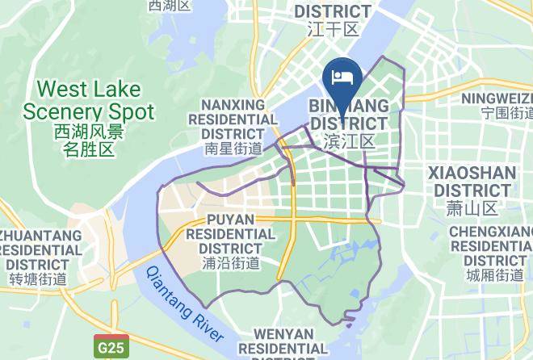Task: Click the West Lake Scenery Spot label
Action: click(88, 100)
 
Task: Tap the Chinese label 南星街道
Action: click(233, 149)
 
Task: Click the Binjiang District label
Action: click(349, 115)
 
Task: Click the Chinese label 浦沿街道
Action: click(231, 262)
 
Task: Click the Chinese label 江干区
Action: click(333, 30)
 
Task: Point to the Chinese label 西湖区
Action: click(170, 6)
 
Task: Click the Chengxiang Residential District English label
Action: click(493, 246)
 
